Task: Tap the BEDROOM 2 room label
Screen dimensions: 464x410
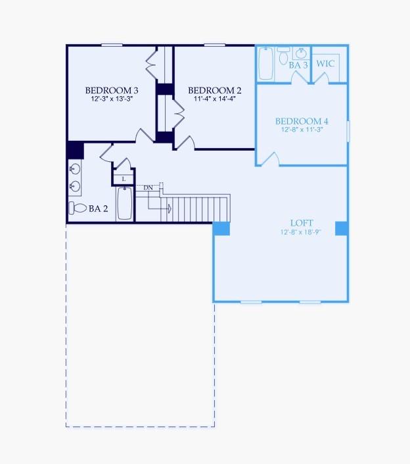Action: click(x=214, y=90)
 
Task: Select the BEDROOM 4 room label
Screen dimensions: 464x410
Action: click(x=302, y=121)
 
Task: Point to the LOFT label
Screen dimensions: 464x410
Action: click(x=302, y=223)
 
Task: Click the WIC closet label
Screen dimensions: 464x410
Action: click(x=326, y=64)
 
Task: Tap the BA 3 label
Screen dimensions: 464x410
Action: click(x=298, y=66)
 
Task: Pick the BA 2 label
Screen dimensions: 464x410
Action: click(x=98, y=209)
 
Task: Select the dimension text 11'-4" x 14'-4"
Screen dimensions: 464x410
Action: click(x=214, y=99)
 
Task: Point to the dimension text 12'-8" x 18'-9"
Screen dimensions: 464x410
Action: click(x=302, y=232)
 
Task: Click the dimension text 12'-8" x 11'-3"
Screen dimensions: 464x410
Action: click(x=302, y=130)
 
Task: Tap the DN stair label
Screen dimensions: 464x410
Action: click(x=148, y=188)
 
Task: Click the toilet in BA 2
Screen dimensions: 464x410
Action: click(x=78, y=208)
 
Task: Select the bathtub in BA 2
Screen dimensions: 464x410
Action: click(x=124, y=203)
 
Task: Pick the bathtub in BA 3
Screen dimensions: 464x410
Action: click(x=265, y=63)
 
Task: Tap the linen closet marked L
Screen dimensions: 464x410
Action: click(x=123, y=178)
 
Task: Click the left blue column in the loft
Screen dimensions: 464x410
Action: click(x=221, y=228)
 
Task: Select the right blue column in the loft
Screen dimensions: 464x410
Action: click(x=342, y=228)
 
